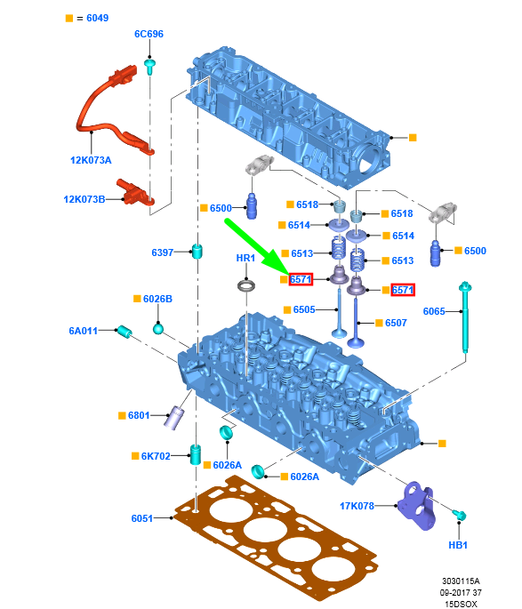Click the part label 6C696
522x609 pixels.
[149, 34]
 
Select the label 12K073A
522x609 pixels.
[91, 160]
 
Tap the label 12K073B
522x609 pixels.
[84, 199]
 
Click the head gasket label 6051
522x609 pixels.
[141, 518]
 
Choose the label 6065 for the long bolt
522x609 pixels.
[434, 311]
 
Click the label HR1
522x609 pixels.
[245, 258]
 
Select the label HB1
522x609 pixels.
[458, 545]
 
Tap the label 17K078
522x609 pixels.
[357, 506]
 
